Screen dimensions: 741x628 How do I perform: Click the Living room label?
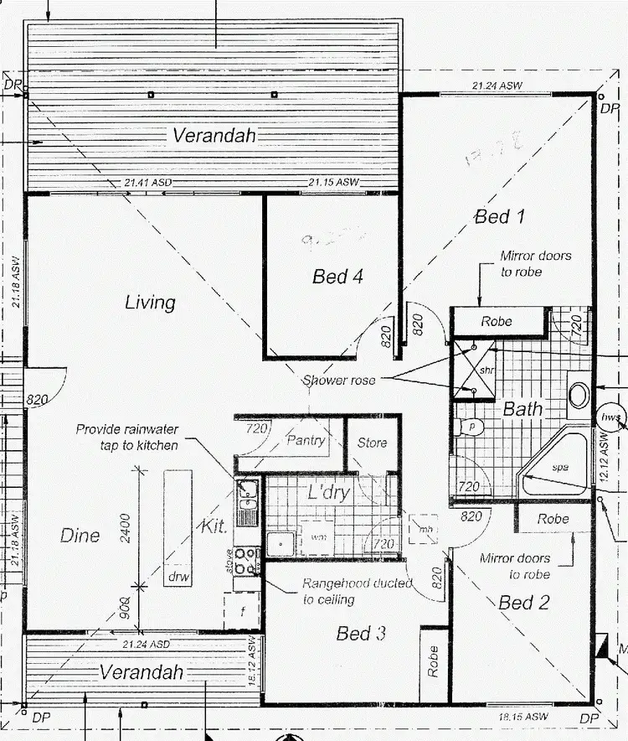pyautogui.click(x=150, y=302)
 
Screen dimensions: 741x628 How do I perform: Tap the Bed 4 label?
pyautogui.click(x=337, y=277)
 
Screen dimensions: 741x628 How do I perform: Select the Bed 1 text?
pyautogui.click(x=500, y=217)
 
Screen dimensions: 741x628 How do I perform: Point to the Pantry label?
pyautogui.click(x=306, y=440)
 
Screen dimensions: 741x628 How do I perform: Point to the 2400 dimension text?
pyautogui.click(x=126, y=529)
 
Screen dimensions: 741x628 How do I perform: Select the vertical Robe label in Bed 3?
pyautogui.click(x=433, y=661)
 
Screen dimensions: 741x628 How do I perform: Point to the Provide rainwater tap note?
pyautogui.click(x=126, y=437)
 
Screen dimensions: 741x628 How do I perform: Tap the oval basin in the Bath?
pyautogui.click(x=579, y=395)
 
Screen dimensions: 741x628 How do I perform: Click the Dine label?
pyautogui.click(x=80, y=536)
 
